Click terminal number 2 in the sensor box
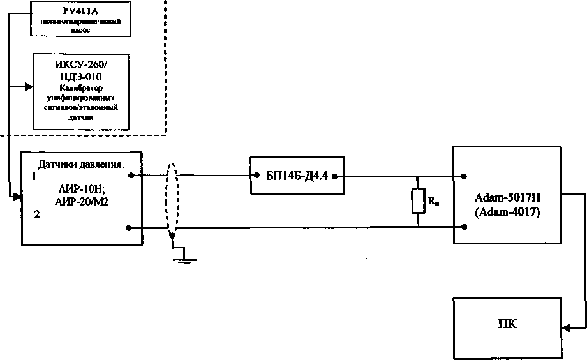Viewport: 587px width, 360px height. tap(36, 215)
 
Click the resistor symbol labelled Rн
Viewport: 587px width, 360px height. tap(418, 201)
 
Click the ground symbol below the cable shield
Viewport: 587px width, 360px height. tap(183, 258)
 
